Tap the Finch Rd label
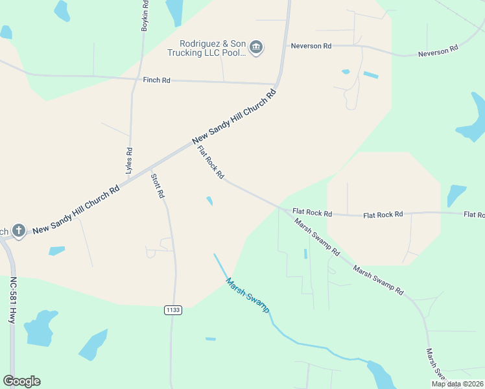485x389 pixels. click(x=157, y=80)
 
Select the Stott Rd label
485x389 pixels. click(x=158, y=186)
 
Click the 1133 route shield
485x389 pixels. click(x=172, y=311)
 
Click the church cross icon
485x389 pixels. click(x=19, y=231)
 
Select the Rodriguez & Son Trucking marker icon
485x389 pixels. click(x=256, y=47)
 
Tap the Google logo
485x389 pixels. click(x=21, y=381)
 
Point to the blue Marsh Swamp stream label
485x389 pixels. click(x=247, y=295)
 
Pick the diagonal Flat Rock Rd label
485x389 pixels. click(x=211, y=163)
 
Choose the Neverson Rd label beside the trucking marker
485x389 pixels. click(x=311, y=46)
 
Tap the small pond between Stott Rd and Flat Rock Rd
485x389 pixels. click(x=209, y=201)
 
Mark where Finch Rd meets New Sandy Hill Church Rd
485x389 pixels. click(x=277, y=84)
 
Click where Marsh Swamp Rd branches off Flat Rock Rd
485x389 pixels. click(x=283, y=209)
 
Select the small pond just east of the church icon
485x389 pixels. click(x=57, y=250)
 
